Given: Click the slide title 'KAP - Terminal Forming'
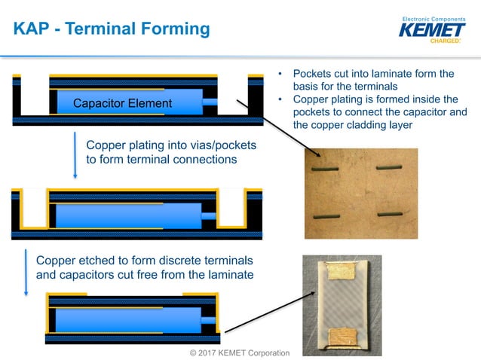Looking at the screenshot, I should pos(112,29).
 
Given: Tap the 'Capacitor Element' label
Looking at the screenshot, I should pos(122,103).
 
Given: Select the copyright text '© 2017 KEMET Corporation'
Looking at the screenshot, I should pos(239,352).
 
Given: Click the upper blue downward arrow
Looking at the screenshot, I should pos(75,154).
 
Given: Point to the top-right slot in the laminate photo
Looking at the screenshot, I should pos(390,166).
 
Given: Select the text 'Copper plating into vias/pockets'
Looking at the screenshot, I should pos(171,145).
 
